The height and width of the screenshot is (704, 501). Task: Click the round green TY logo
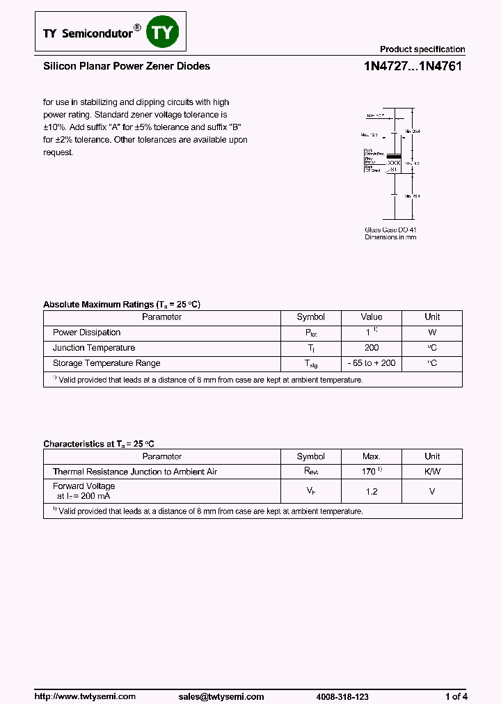(164, 31)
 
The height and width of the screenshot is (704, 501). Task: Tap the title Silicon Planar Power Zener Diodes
(127, 67)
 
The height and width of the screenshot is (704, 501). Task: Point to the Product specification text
(422, 49)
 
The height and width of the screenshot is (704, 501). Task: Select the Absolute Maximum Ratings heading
(122, 305)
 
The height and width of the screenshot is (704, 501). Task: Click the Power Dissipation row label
(87, 333)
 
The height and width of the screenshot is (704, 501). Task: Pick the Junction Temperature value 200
(372, 348)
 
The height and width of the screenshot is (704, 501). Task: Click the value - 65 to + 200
(372, 363)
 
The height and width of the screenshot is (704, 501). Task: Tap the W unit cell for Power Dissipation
(432, 333)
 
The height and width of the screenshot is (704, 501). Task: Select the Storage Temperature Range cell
(106, 363)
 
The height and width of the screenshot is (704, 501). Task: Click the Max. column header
(372, 456)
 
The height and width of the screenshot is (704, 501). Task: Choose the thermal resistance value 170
(370, 472)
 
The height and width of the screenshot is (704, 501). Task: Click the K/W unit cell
(432, 472)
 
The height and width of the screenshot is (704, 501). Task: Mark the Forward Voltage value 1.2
(372, 491)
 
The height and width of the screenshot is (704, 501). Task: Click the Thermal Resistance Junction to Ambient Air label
(135, 472)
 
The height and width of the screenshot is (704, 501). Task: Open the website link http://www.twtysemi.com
(85, 677)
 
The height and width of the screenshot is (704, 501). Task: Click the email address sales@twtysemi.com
(221, 677)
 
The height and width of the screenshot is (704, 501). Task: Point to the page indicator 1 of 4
(456, 677)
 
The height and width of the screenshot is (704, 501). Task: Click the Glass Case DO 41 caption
(390, 230)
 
